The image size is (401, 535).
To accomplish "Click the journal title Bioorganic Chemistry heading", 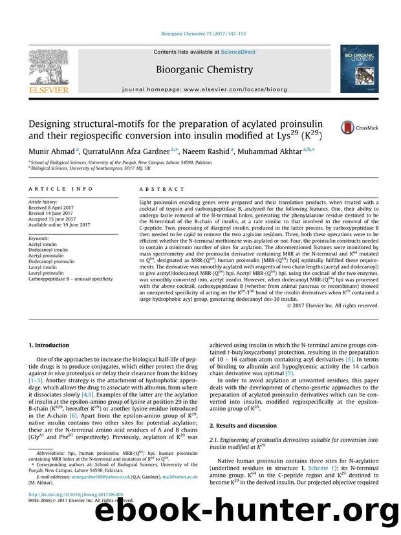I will coord(201,67).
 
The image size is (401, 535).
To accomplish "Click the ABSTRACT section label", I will coord(157,192).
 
